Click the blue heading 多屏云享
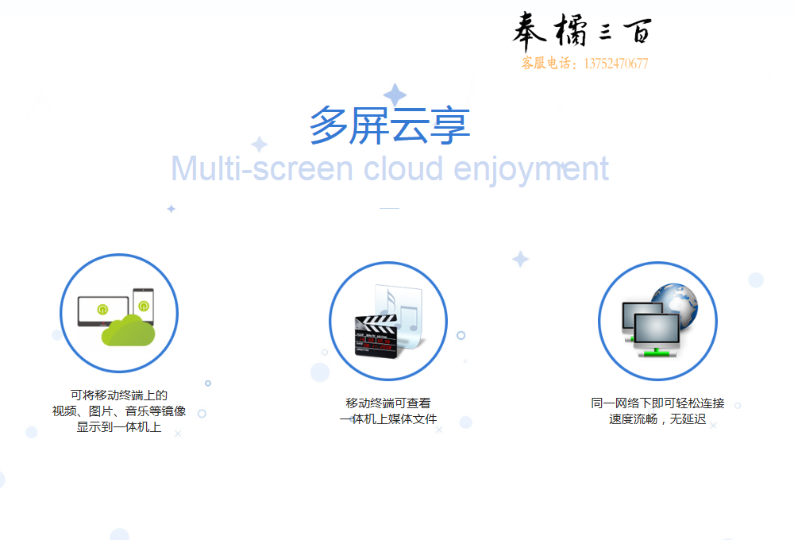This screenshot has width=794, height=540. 389,125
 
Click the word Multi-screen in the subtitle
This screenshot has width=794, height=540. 262,168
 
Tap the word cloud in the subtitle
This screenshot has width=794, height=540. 403,168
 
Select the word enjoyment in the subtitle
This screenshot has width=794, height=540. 530,171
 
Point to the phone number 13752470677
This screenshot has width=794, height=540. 616,64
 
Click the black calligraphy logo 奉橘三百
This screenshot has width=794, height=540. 582,32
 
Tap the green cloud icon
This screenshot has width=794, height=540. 128,330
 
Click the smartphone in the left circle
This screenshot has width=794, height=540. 143,306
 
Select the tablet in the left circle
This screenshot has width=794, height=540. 102,311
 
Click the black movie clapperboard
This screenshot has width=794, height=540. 376,335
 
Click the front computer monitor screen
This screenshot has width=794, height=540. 657,330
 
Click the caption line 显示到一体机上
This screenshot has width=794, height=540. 119,427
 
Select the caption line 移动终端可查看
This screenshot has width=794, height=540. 388,403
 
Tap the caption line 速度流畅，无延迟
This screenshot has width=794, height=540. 657,419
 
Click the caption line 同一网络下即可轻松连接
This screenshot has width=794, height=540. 657,403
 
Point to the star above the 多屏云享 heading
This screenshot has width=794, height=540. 395,94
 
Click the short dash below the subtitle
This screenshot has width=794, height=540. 389,208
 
